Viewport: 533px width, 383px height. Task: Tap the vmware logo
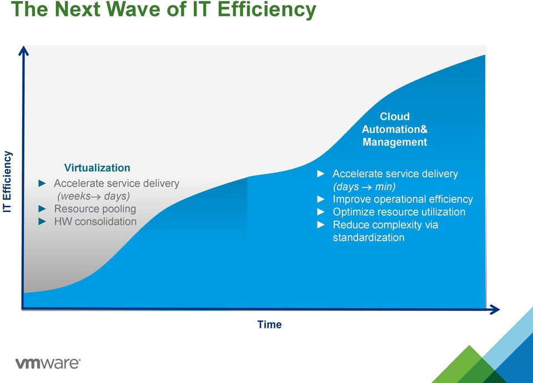tap(48, 363)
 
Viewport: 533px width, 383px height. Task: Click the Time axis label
tap(269, 325)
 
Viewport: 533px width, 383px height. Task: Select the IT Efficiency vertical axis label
tap(7, 182)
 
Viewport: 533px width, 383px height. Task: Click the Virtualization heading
tap(97, 167)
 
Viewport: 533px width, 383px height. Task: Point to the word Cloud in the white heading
tap(395, 116)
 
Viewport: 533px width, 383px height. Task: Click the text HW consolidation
tap(95, 221)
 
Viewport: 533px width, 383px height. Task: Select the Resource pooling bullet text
tap(95, 208)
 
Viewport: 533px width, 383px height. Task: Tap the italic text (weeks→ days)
tap(93, 196)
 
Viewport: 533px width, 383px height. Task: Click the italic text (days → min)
tap(364, 187)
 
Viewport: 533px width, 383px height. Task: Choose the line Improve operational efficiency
tap(403, 199)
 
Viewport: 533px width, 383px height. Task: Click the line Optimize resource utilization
tap(399, 212)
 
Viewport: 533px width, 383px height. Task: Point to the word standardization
tap(369, 237)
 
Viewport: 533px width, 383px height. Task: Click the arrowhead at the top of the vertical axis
tap(23, 51)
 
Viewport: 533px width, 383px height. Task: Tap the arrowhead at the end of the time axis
tap(494, 310)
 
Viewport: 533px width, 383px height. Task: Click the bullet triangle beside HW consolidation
tap(42, 222)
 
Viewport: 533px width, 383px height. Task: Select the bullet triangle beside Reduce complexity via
tap(321, 225)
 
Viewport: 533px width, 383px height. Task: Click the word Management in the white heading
tap(395, 142)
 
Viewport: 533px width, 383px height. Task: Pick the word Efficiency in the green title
tap(266, 9)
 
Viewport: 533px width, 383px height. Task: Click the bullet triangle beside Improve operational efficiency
tap(321, 199)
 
